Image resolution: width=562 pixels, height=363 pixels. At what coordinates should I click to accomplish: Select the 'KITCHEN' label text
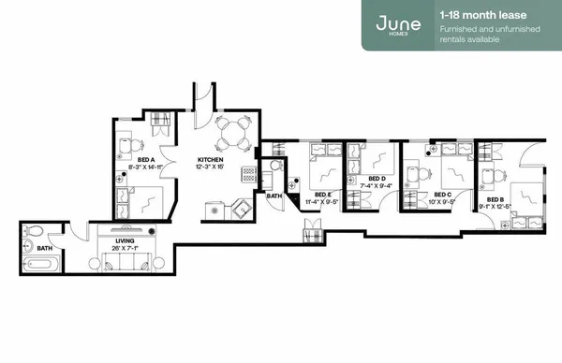[211, 160]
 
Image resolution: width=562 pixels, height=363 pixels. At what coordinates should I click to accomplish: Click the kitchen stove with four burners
[248, 175]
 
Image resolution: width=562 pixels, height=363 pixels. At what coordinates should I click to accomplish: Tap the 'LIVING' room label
[125, 241]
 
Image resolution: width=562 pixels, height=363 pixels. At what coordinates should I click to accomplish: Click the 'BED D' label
[377, 178]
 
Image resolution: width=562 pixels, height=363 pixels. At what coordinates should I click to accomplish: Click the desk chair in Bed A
[132, 144]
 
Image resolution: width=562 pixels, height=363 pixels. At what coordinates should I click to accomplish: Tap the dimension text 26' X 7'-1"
[125, 249]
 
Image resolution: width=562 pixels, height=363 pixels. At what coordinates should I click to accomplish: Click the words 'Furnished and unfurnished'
[483, 31]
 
